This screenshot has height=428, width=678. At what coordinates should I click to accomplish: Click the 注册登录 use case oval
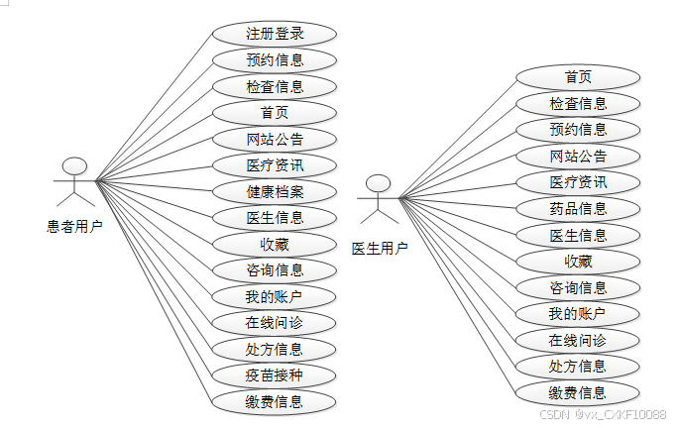pos(275,34)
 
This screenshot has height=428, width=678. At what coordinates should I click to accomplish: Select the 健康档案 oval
pos(275,191)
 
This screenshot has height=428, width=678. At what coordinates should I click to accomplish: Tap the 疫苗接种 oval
pos(275,375)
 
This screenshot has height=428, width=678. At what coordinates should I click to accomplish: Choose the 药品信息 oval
pos(578,208)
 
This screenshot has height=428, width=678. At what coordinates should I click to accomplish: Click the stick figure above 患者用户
pos(72,181)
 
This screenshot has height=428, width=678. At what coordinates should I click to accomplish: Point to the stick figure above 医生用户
pos(377,198)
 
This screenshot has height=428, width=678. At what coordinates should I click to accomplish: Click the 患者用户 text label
pos(74,226)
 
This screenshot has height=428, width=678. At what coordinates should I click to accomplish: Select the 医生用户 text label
pos(379,248)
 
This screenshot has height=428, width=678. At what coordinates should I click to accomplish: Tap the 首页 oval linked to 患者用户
pos(275,112)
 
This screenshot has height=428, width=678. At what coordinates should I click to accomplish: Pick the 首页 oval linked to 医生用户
pos(578,77)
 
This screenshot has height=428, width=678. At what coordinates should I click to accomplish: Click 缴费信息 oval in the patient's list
pos(275,401)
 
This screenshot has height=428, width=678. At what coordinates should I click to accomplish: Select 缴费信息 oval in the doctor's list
pos(578,392)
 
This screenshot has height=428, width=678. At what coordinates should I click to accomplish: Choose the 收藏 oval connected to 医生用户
pos(578,262)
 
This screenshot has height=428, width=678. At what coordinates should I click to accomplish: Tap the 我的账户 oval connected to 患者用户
pos(275,296)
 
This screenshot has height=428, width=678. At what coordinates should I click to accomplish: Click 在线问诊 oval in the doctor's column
pos(578,340)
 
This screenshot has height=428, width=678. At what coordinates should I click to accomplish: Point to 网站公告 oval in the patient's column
pos(275,139)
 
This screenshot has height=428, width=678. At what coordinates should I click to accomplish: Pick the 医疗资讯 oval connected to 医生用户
pos(578,182)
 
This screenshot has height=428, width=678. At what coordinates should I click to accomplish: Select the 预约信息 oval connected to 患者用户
pos(275,59)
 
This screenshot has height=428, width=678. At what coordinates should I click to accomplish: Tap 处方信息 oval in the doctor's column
pos(578,366)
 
